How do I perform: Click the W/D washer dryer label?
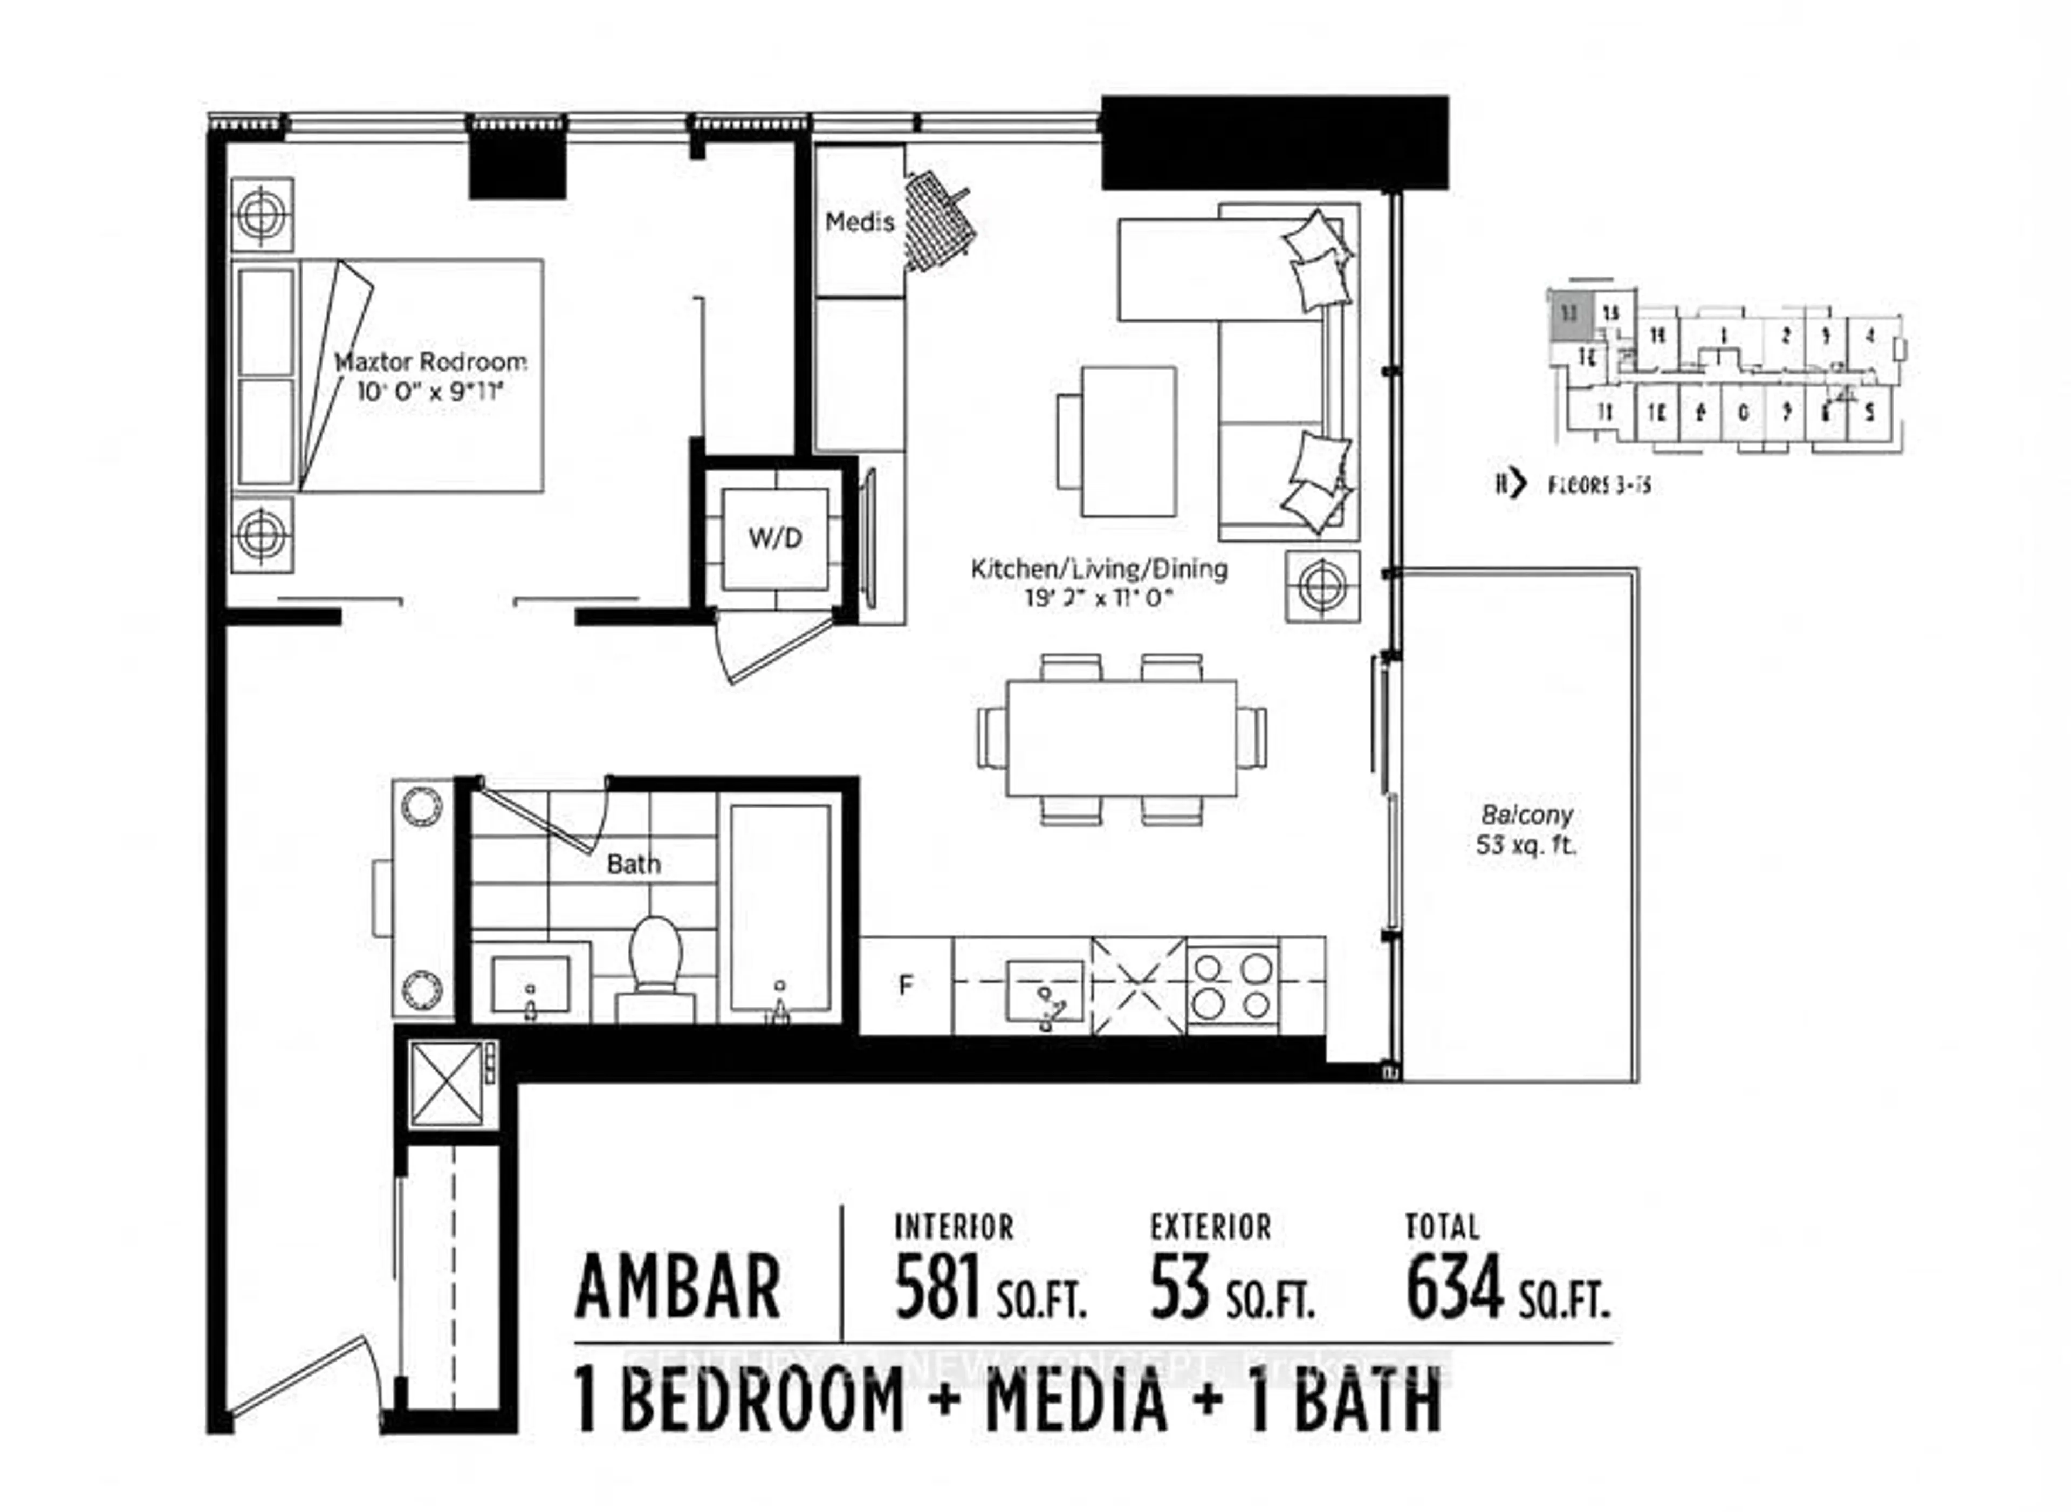[x=774, y=538]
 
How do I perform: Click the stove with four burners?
[x=1233, y=985]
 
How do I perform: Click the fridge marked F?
[x=906, y=985]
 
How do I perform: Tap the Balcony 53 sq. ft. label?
[x=1526, y=829]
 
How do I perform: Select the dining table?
[x=1121, y=738]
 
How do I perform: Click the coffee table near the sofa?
[x=1128, y=441]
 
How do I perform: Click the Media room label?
[x=859, y=222]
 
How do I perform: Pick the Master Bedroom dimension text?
[x=430, y=392]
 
